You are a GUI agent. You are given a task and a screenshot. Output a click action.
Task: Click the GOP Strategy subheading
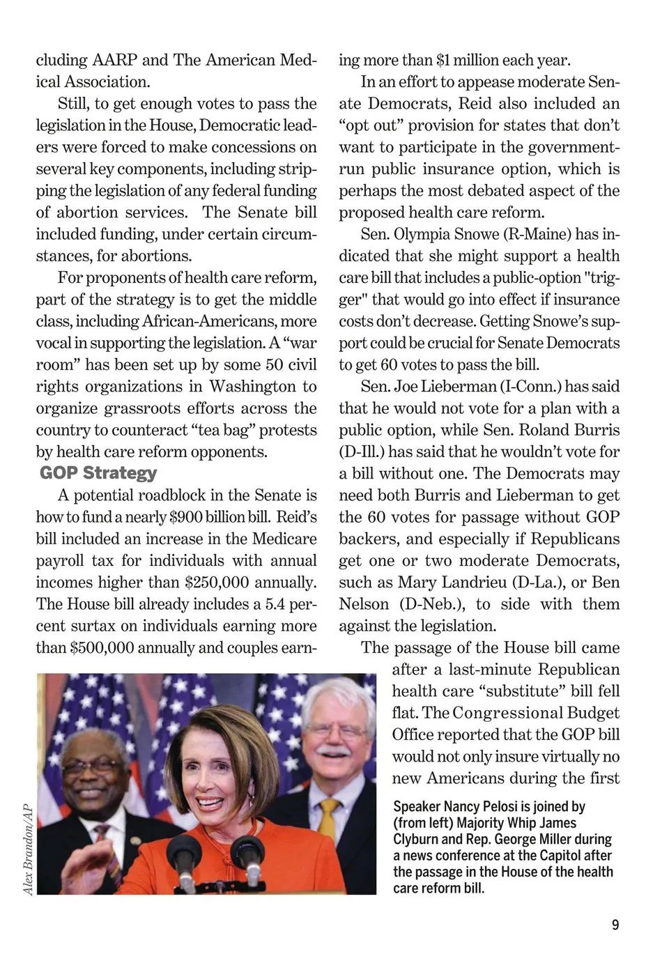[98, 473]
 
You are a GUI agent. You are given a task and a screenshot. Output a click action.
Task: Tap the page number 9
[615, 925]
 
